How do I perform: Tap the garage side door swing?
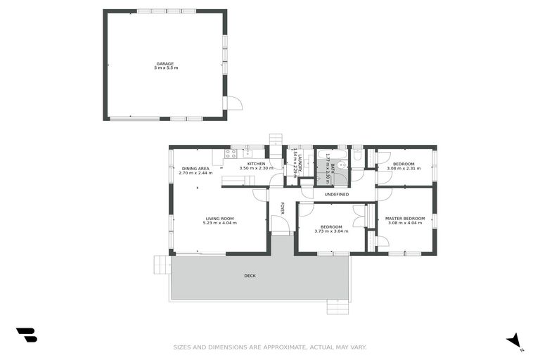point(233,103)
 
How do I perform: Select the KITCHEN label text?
point(255,164)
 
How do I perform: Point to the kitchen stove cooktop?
point(231,154)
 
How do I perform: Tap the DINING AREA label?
point(195,169)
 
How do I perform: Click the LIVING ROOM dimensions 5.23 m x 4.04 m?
point(219,223)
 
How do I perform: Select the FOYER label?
point(283,209)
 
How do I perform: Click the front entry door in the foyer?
point(280,224)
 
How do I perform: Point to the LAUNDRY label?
point(295,167)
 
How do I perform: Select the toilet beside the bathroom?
point(357,156)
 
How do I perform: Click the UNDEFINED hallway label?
point(336,193)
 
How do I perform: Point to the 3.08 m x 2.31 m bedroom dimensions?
point(404,169)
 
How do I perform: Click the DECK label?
point(250,276)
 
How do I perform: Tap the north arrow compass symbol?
point(515,340)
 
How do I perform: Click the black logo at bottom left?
point(26,335)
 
